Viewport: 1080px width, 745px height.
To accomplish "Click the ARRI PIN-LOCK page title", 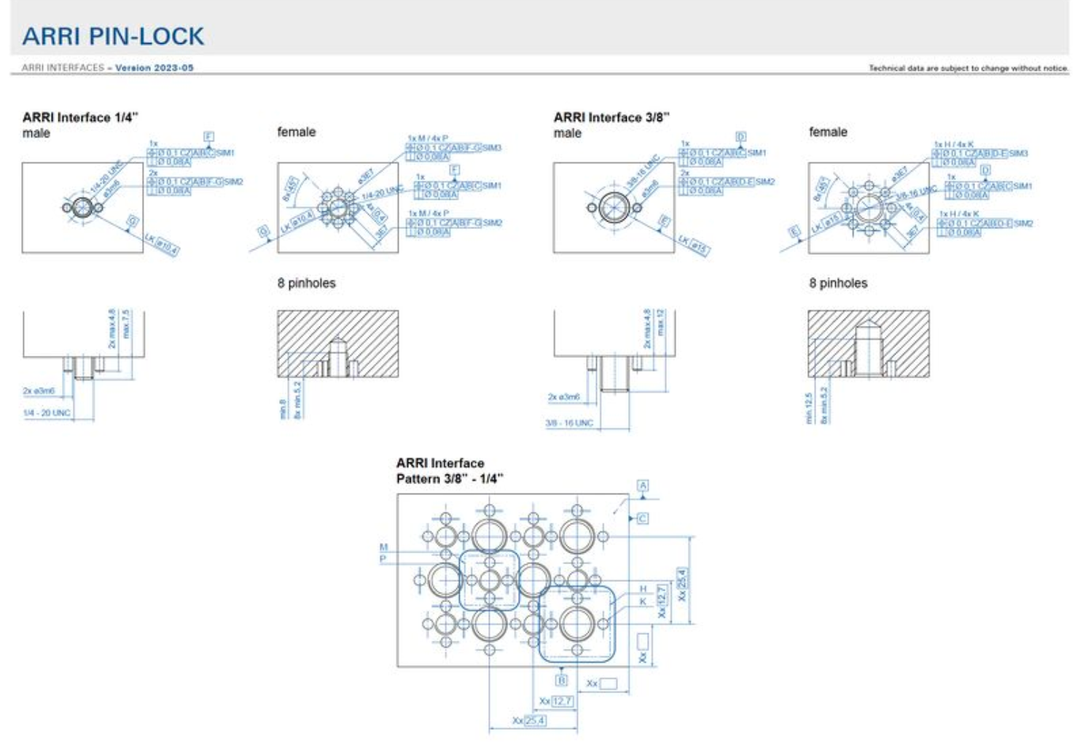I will pyautogui.click(x=113, y=36).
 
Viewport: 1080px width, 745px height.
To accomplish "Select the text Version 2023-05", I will pyautogui.click(x=154, y=68).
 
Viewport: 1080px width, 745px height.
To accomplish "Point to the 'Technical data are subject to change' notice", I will pyautogui.click(x=968, y=68).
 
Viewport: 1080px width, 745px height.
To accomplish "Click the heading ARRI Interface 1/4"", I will pyautogui.click(x=80, y=117).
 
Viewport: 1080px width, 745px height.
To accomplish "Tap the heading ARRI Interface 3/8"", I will pyautogui.click(x=611, y=117).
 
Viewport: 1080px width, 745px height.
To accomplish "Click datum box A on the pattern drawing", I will pyautogui.click(x=643, y=485).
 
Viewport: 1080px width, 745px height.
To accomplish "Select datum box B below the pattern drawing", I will pyautogui.click(x=561, y=680).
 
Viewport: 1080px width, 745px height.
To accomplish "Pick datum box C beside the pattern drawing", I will pyautogui.click(x=642, y=518).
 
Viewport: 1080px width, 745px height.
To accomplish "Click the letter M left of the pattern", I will pyautogui.click(x=383, y=547).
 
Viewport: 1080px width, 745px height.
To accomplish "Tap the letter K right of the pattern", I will pyautogui.click(x=643, y=601).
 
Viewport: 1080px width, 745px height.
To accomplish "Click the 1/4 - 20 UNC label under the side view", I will pyautogui.click(x=47, y=413).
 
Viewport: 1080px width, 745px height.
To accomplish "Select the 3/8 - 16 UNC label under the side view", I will pyautogui.click(x=569, y=423).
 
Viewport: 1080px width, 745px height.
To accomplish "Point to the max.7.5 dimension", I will pyautogui.click(x=126, y=324).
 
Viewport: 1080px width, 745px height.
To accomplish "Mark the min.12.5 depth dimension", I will pyautogui.click(x=808, y=409).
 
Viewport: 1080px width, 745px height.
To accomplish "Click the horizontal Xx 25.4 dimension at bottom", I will pyautogui.click(x=529, y=720).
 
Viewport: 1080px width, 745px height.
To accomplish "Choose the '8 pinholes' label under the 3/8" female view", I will pyautogui.click(x=838, y=283).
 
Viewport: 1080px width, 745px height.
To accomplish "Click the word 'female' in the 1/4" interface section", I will pyautogui.click(x=296, y=132).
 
